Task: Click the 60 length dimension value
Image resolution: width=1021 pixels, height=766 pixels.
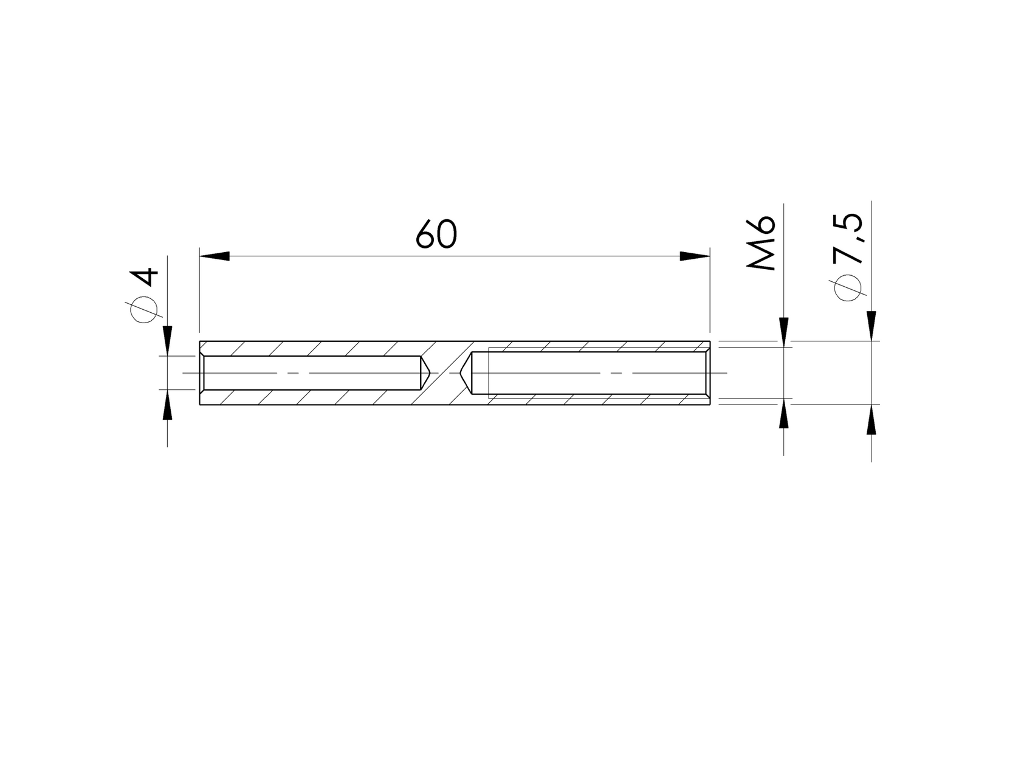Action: point(436,235)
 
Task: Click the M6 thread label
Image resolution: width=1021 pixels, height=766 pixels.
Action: point(762,242)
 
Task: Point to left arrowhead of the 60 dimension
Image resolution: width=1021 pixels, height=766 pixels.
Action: point(214,256)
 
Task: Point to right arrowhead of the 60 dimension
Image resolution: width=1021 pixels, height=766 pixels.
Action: point(695,256)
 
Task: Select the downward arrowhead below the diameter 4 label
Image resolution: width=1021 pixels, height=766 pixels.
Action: point(168,341)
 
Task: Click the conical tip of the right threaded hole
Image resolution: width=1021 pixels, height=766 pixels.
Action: point(466,372)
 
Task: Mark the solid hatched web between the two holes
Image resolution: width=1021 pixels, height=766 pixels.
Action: point(447,372)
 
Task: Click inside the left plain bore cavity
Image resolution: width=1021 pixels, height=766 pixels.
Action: point(310,372)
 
